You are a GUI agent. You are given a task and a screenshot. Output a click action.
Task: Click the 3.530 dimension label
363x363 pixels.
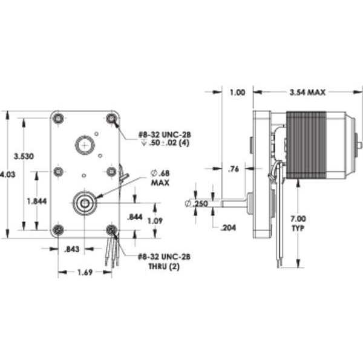pos(24,156)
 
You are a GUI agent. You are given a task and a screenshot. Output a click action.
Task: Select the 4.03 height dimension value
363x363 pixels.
pos(8,174)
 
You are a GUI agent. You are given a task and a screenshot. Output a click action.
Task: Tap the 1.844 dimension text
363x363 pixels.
pos(37,201)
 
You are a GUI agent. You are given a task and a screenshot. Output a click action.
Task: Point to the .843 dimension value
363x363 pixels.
pos(71,249)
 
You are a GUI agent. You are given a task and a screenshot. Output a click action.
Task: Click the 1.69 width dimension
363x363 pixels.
pos(85,272)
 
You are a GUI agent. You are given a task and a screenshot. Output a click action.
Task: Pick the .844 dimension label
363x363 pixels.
pos(135,217)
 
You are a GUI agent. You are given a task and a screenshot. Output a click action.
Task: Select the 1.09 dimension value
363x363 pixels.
pos(155,221)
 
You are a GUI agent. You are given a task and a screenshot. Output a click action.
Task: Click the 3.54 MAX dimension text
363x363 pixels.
pos(307,93)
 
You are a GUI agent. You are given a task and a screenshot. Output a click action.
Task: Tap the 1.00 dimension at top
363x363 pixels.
pos(237,93)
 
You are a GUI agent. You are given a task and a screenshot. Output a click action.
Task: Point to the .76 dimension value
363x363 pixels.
pos(234,169)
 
